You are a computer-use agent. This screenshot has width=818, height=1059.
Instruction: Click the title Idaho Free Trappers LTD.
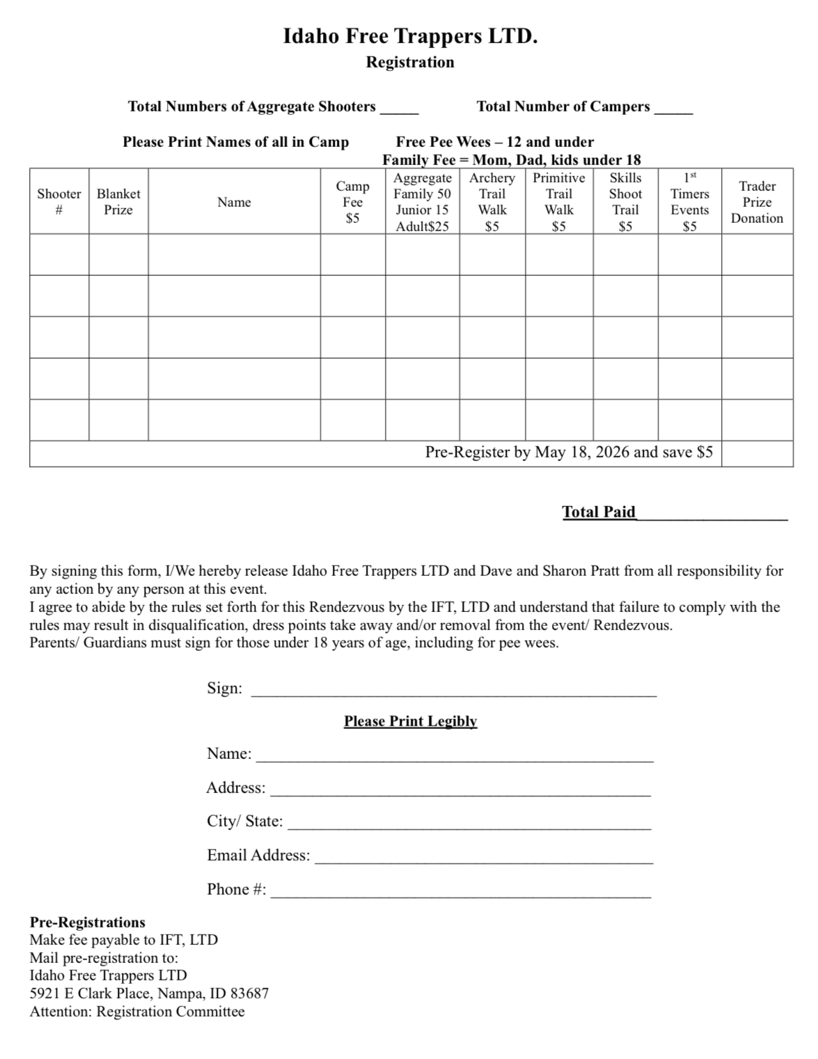point(410,36)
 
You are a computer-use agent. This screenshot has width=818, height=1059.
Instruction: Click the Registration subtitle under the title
point(410,62)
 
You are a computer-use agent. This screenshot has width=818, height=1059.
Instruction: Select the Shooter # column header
point(59,201)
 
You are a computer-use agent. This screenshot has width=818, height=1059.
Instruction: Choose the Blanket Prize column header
point(118,201)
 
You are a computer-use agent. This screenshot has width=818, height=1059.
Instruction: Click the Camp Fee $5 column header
point(353,201)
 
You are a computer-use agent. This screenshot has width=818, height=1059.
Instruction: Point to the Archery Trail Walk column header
point(492,201)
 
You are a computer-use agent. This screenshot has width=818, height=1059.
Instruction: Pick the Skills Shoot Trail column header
point(625,201)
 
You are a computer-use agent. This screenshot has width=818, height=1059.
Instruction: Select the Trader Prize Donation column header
point(757,202)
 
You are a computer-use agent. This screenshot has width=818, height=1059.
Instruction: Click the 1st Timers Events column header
point(690,201)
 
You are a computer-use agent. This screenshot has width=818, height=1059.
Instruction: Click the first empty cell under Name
point(234,255)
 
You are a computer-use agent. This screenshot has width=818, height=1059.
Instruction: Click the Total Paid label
point(599,512)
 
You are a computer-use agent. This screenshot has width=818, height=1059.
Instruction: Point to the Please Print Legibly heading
point(410,721)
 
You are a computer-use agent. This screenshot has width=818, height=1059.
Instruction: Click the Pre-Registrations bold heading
point(87,923)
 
